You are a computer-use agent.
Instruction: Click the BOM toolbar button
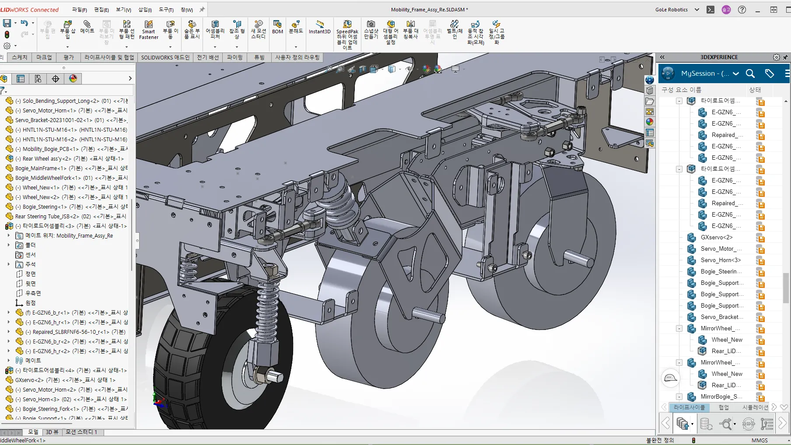[277, 27]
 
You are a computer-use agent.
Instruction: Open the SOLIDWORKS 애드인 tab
[165, 57]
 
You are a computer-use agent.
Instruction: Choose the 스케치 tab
[20, 57]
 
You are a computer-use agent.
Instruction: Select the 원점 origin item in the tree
[30, 303]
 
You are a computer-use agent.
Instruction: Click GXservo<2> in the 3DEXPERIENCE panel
[717, 237]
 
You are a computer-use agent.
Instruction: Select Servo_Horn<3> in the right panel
[720, 260]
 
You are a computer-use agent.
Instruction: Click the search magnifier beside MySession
[750, 74]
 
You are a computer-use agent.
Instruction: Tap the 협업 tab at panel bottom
[724, 407]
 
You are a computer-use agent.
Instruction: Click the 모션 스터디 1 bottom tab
[81, 432]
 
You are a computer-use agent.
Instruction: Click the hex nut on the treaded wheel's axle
[262, 375]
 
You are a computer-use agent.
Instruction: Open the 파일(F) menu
[79, 10]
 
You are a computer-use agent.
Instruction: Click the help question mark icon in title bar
[742, 10]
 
